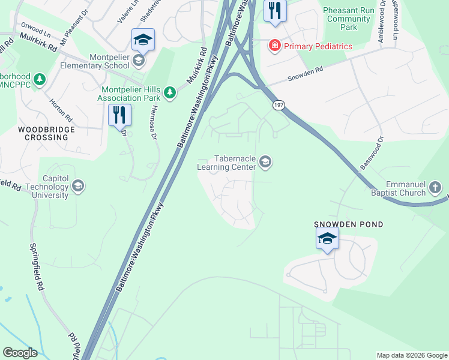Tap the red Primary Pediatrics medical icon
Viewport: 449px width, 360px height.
pyautogui.click(x=275, y=46)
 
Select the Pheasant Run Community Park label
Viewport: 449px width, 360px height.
pyautogui.click(x=348, y=19)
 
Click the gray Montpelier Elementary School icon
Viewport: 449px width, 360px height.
pyautogui.click(x=139, y=60)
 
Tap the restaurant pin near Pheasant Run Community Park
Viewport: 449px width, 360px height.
pyautogui.click(x=275, y=11)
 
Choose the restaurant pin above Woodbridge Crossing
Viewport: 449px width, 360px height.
pyautogui.click(x=119, y=113)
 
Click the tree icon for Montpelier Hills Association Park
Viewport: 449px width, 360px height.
pyautogui.click(x=171, y=91)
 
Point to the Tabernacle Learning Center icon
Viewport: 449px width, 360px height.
pyautogui.click(x=265, y=161)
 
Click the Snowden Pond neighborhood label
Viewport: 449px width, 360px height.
pyautogui.click(x=349, y=224)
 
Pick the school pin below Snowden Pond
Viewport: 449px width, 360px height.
pyautogui.click(x=327, y=239)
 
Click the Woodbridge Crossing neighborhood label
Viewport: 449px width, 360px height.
pyautogui.click(x=46, y=133)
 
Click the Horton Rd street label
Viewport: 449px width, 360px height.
pyautogui.click(x=61, y=109)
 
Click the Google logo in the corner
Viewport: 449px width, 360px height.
pyautogui.click(x=20, y=352)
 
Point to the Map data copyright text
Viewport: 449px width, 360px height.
pyautogui.click(x=412, y=355)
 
